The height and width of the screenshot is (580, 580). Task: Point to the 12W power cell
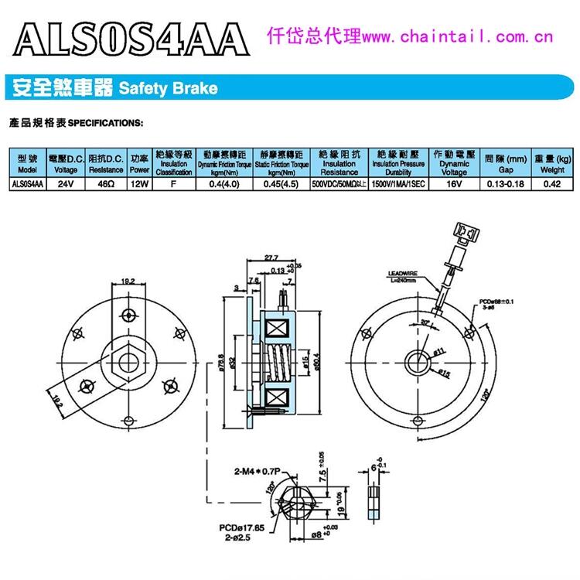[139, 184]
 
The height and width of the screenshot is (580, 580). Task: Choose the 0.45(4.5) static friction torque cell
[276, 184]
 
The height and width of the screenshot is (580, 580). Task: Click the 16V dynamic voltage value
[454, 184]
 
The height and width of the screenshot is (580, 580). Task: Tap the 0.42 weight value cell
[552, 184]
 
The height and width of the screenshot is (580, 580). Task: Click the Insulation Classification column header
[174, 163]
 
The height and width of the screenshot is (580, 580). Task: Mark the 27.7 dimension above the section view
[271, 258]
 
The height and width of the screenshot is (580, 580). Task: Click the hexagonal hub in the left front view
[125, 361]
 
